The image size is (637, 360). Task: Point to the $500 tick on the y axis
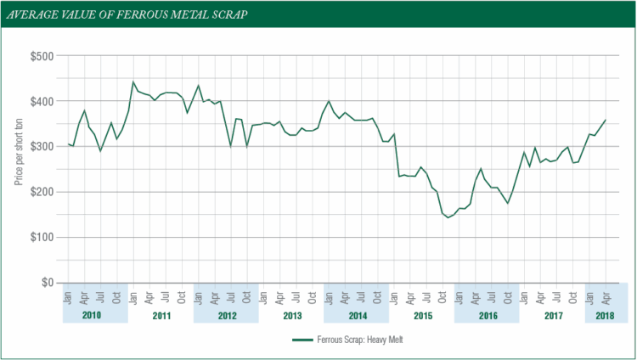click(x=43, y=56)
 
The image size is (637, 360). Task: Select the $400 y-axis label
click(x=43, y=101)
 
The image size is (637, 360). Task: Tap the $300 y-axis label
click(x=43, y=147)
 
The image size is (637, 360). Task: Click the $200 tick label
click(x=43, y=192)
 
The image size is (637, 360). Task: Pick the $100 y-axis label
click(x=43, y=238)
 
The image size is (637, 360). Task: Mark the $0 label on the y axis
click(x=48, y=283)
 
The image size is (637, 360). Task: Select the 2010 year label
click(x=94, y=315)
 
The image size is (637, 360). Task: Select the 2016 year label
click(x=487, y=315)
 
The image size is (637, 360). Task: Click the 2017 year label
click(x=552, y=315)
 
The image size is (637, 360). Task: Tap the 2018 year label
click(x=606, y=315)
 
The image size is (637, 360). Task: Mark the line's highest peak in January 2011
click(x=133, y=82)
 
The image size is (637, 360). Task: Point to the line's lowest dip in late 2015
click(x=448, y=217)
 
